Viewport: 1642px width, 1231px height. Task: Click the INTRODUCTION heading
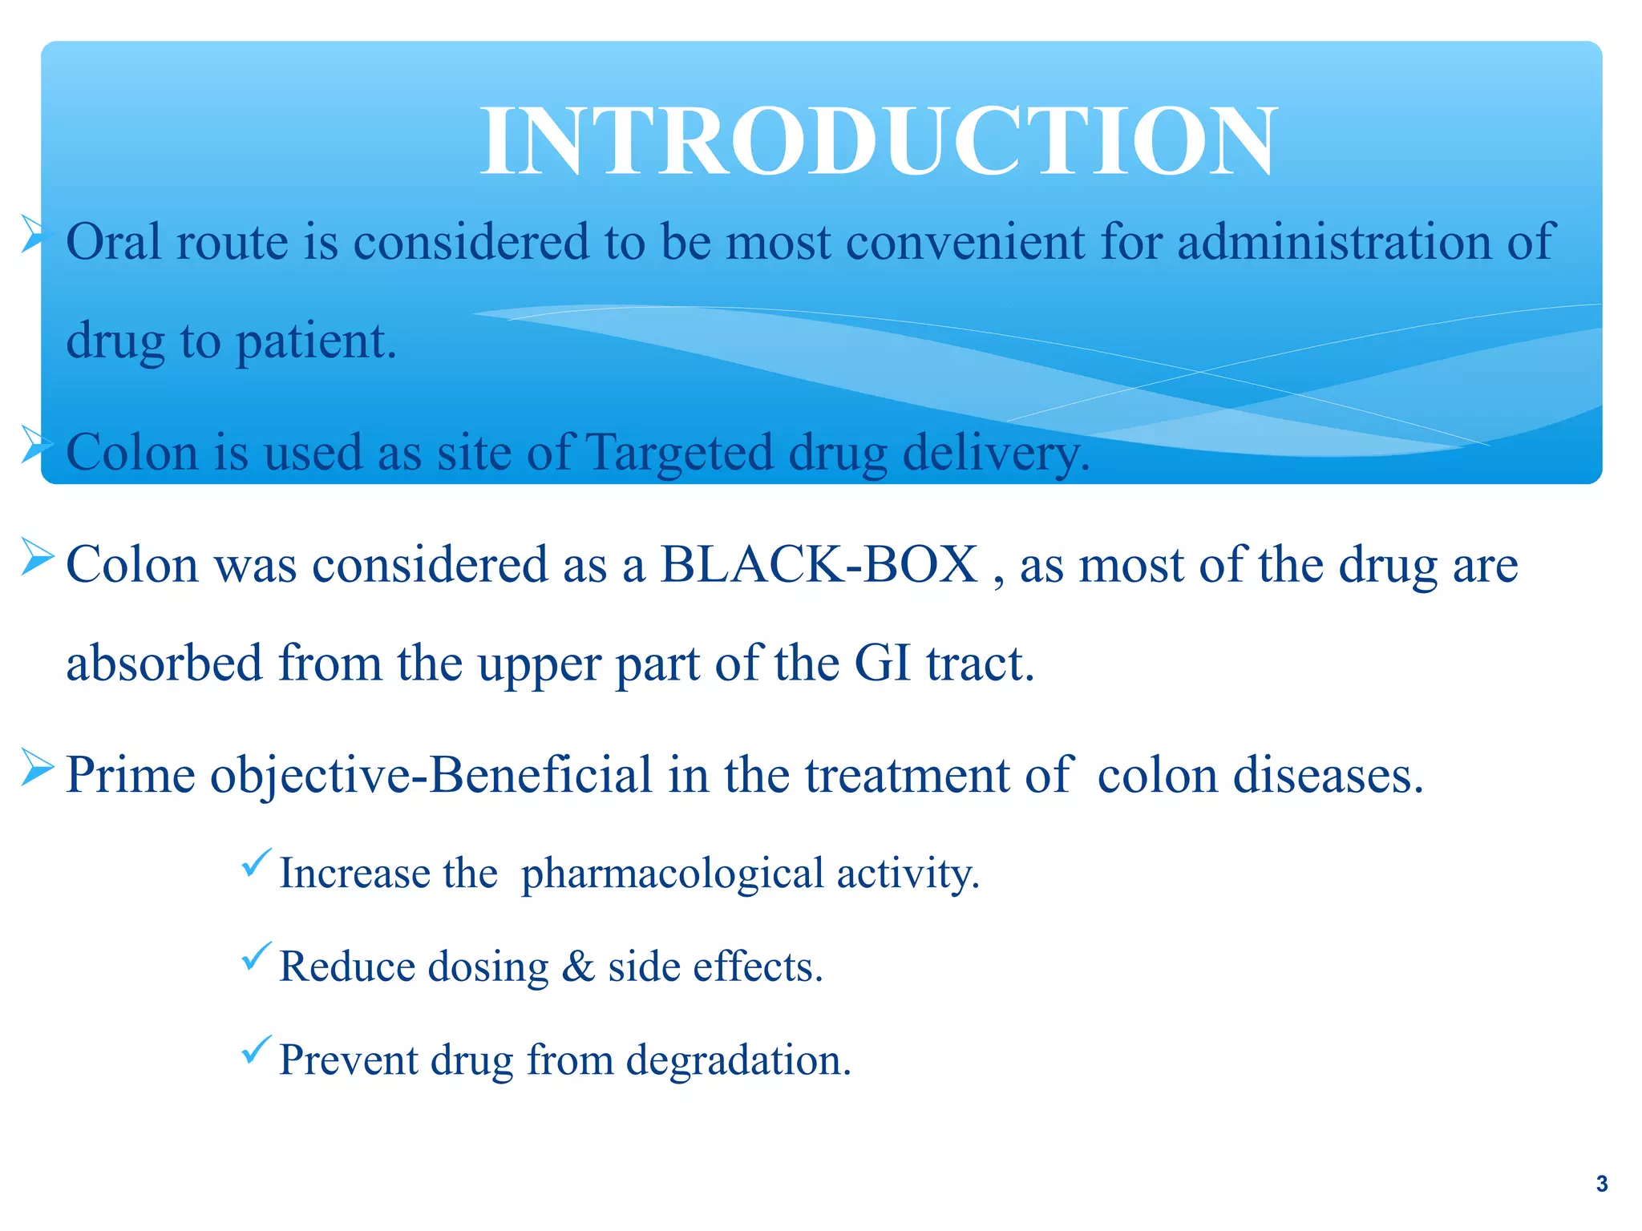pos(878,143)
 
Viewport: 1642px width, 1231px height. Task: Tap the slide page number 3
pos(1601,1184)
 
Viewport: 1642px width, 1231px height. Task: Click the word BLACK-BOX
pos(819,564)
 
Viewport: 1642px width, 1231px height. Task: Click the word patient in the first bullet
pos(315,342)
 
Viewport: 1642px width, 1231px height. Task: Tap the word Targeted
pos(680,454)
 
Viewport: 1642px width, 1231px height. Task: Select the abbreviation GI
pos(883,664)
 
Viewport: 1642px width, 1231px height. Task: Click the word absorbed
pos(164,664)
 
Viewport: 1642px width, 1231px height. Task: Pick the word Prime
pos(130,775)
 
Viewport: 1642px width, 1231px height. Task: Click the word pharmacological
pos(672,874)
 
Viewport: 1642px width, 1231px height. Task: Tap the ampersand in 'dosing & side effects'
pos(577,967)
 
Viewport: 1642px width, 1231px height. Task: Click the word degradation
pos(738,1060)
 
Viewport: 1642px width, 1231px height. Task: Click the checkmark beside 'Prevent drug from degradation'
pos(256,1049)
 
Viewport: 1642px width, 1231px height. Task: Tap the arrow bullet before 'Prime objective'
pos(37,768)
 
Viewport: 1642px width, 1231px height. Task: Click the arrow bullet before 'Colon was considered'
pos(37,557)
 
